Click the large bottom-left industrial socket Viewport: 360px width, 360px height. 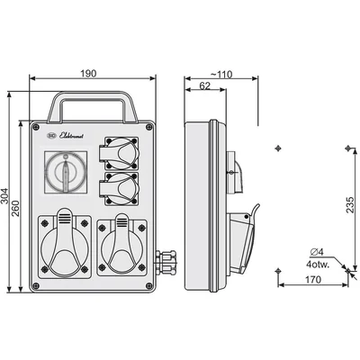64,246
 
